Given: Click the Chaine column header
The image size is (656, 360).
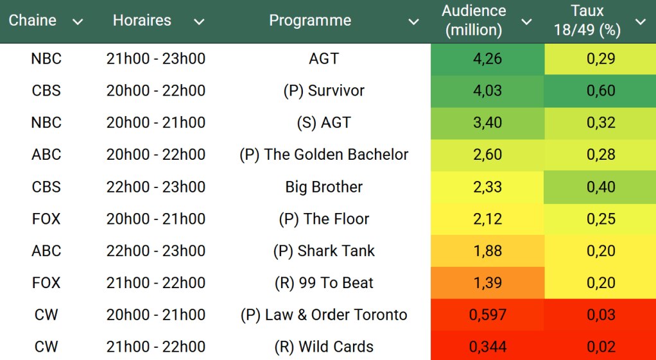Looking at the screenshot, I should [33, 21].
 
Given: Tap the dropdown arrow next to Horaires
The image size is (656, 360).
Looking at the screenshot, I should [199, 22].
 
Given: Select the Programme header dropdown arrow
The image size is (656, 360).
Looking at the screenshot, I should [414, 22].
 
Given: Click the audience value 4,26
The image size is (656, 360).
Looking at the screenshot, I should [487, 59].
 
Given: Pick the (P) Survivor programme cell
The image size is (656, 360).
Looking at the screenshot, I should [324, 91].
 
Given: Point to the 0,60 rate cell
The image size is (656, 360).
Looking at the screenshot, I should [601, 91].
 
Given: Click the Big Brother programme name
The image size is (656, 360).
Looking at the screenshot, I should [324, 187].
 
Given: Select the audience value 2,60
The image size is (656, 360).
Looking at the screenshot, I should [487, 155].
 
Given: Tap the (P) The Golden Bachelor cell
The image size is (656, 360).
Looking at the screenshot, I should [324, 155].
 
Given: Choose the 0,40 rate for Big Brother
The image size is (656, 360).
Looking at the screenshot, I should [601, 187].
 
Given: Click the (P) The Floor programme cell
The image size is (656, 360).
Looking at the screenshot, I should [324, 219].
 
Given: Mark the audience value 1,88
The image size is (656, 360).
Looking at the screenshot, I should [487, 251].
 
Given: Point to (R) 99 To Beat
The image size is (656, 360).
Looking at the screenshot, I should [324, 283].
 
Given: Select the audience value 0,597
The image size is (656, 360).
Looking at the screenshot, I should [487, 315].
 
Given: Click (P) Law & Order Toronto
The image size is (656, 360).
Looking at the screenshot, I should [324, 315].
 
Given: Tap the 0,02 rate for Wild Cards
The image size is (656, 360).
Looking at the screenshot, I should [601, 347].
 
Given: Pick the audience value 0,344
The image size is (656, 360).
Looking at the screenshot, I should [487, 347].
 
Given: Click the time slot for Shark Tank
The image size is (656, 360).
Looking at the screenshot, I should [156, 251].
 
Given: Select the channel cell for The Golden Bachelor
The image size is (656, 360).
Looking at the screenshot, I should [46, 155].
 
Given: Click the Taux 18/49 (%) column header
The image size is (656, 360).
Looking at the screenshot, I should [587, 21].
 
